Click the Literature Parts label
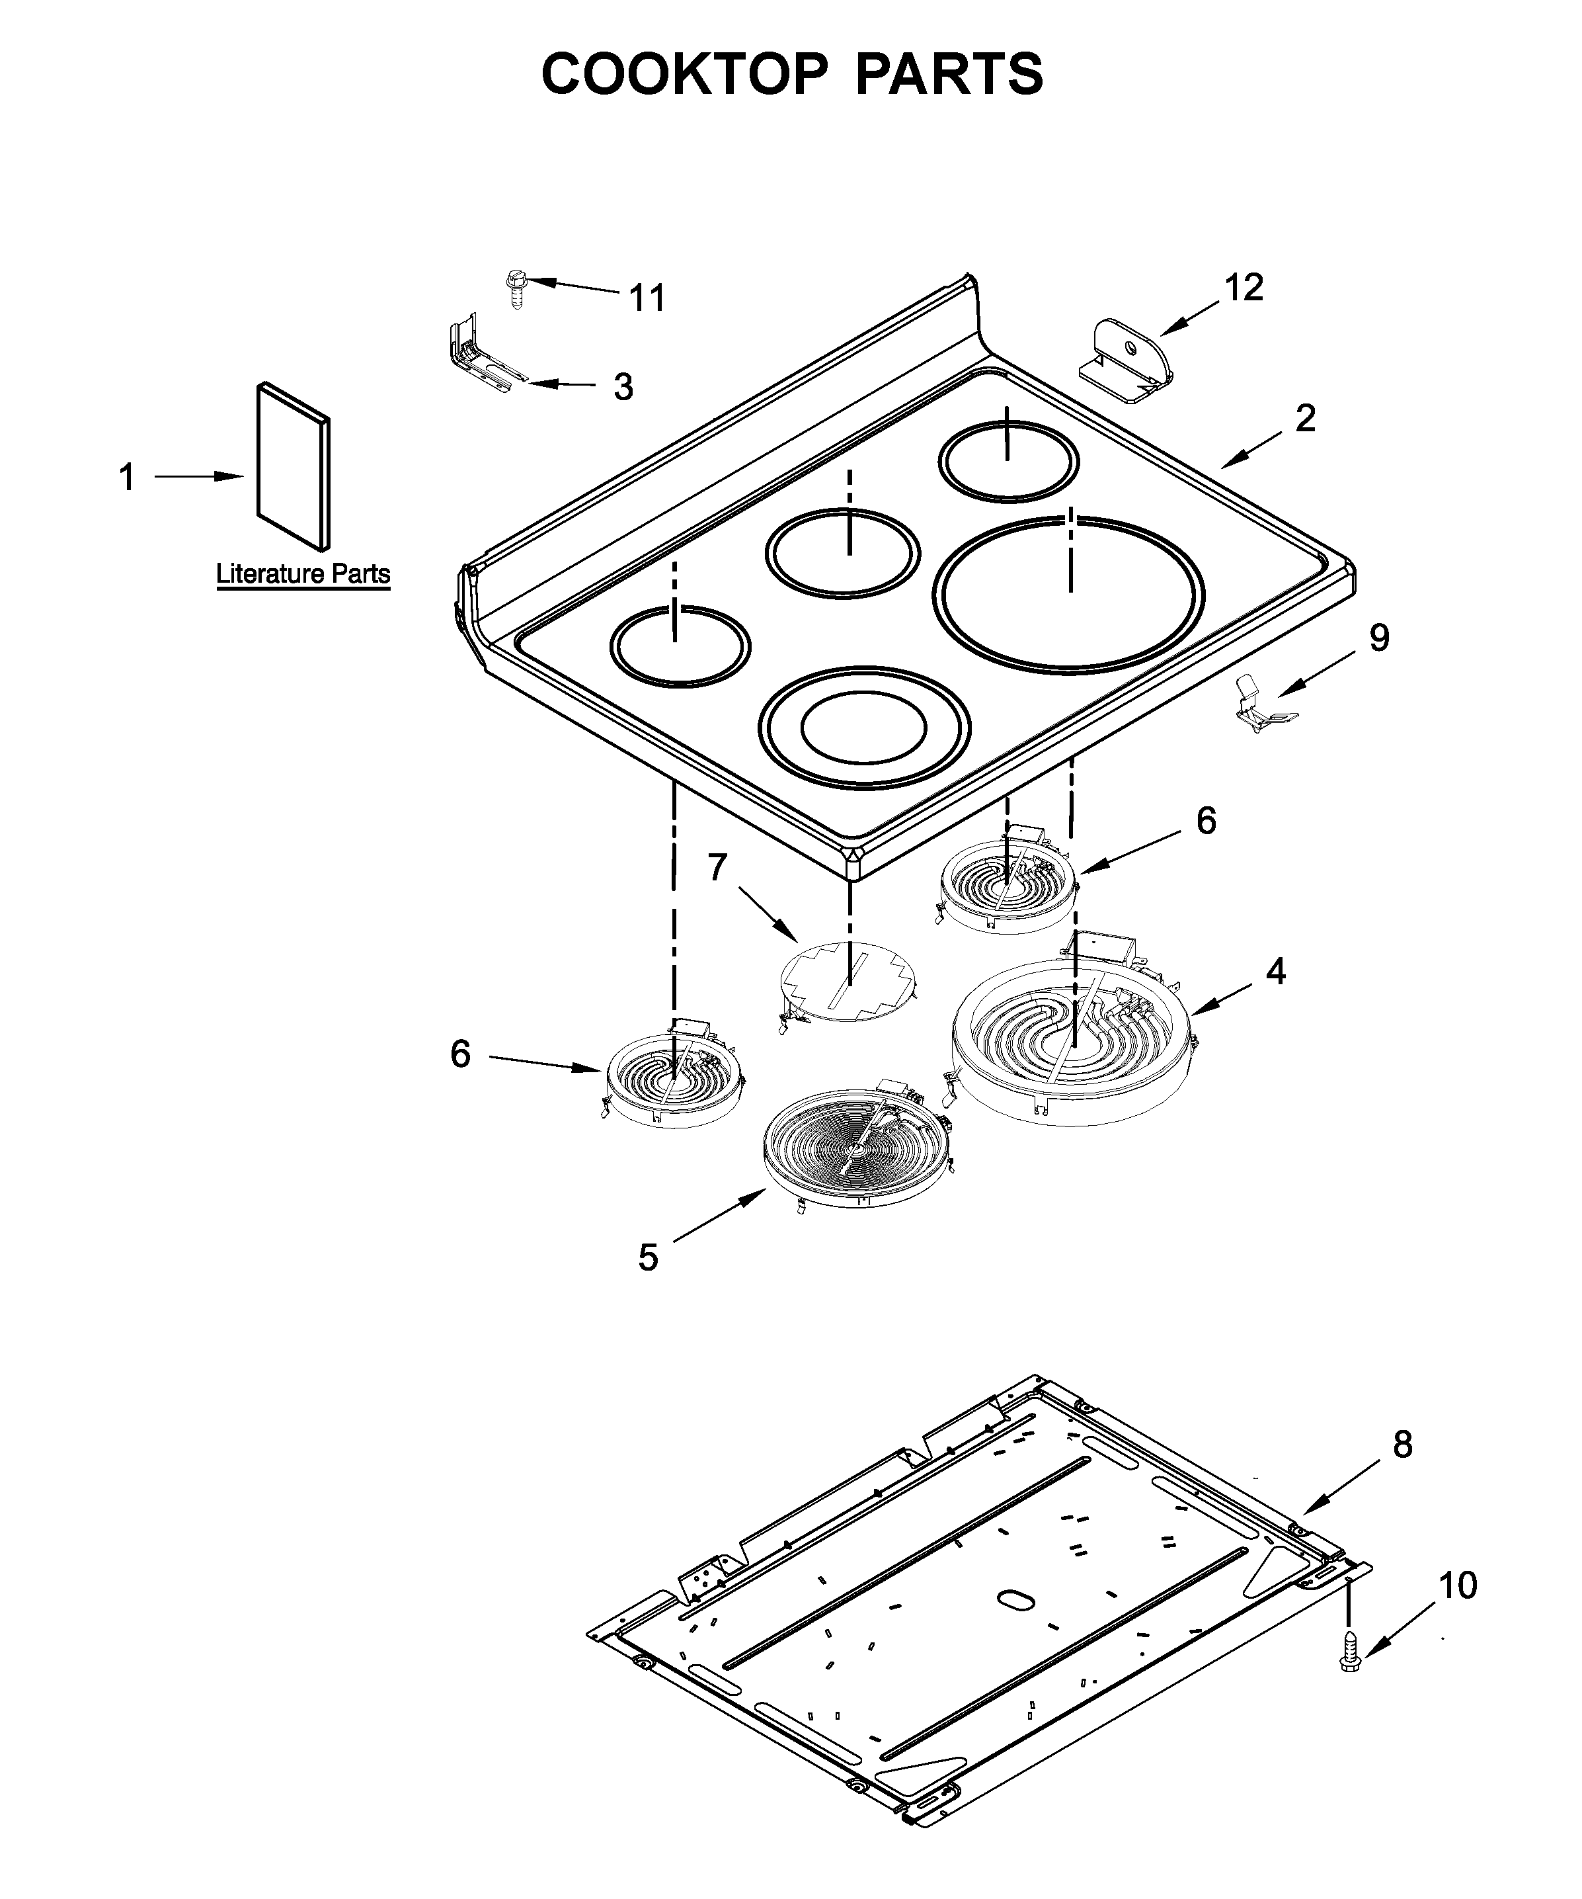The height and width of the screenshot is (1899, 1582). coord(303,573)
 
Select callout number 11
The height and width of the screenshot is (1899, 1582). coord(647,298)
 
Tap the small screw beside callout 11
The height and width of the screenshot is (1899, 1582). coord(517,288)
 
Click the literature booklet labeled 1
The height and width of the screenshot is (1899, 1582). coord(293,466)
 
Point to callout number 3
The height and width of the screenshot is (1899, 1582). coord(623,387)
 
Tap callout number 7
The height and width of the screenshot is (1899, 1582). coord(717,867)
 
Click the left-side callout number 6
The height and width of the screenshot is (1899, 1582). coord(461,1054)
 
